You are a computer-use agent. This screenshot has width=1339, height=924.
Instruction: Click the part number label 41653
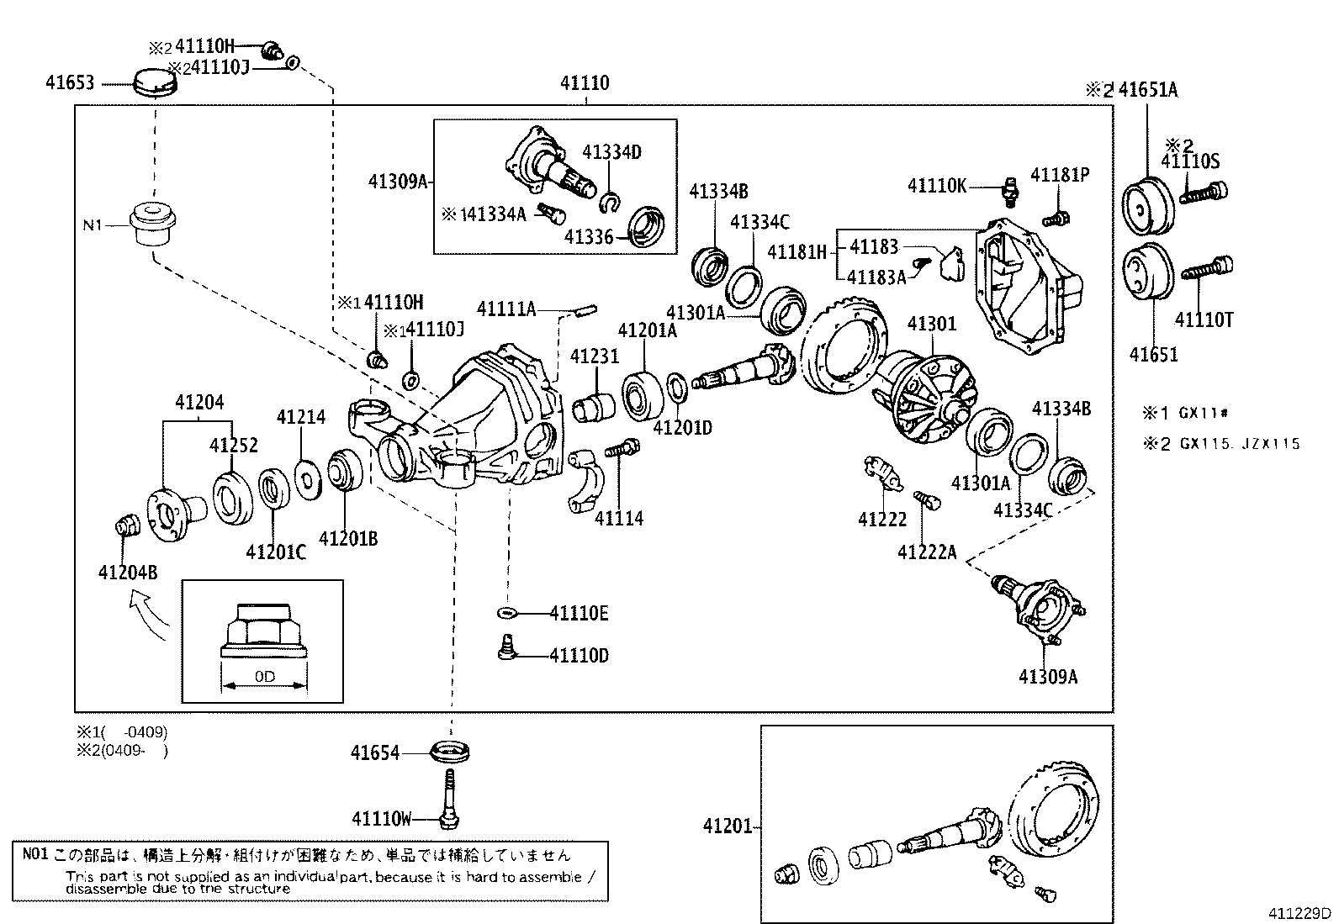click(71, 82)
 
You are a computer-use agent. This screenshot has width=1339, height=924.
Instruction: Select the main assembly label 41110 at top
click(585, 83)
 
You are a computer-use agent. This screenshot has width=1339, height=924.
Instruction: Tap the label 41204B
click(127, 573)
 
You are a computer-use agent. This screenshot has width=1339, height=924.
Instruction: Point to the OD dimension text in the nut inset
click(264, 676)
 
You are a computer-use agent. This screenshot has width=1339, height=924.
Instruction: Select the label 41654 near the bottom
click(375, 753)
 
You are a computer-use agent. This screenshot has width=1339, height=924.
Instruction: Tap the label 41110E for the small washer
click(579, 613)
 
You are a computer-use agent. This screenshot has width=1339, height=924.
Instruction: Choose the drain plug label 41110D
click(579, 655)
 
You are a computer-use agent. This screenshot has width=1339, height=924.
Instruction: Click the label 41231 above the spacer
click(594, 356)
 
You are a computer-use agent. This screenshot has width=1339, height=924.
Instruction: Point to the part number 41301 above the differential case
click(932, 324)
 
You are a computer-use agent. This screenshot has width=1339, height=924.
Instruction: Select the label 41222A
click(927, 552)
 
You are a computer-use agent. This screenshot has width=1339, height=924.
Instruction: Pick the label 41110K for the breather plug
click(937, 185)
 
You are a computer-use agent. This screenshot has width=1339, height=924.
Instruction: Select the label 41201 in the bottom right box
click(728, 826)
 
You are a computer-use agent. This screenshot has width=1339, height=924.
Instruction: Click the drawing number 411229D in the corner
click(1301, 913)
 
